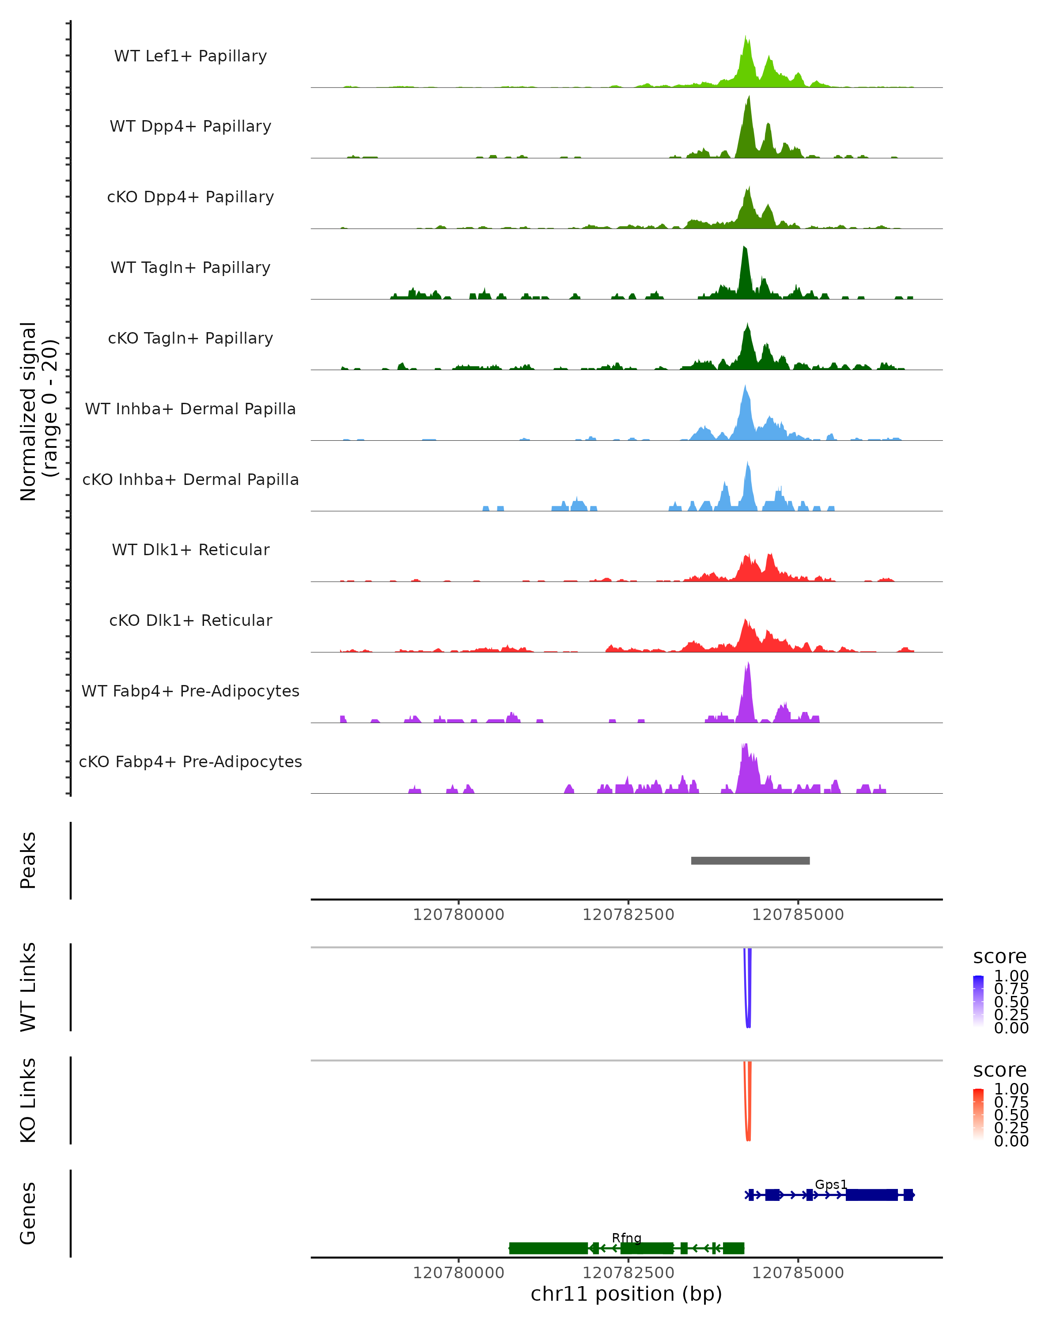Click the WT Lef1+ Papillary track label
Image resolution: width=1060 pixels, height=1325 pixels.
pos(190,56)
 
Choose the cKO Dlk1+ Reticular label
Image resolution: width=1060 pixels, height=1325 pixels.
pos(190,620)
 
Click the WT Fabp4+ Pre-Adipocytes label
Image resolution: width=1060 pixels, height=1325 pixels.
pos(190,691)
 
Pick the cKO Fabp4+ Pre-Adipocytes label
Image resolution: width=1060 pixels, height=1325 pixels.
pos(190,761)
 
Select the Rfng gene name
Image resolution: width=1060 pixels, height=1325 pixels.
pos(626,1238)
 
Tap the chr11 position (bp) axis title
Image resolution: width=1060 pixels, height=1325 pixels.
pos(626,1294)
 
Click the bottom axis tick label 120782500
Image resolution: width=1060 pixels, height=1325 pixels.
pos(628,1272)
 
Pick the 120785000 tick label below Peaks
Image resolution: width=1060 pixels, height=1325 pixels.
pos(798,915)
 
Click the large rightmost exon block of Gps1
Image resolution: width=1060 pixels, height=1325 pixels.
pos(871,1195)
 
